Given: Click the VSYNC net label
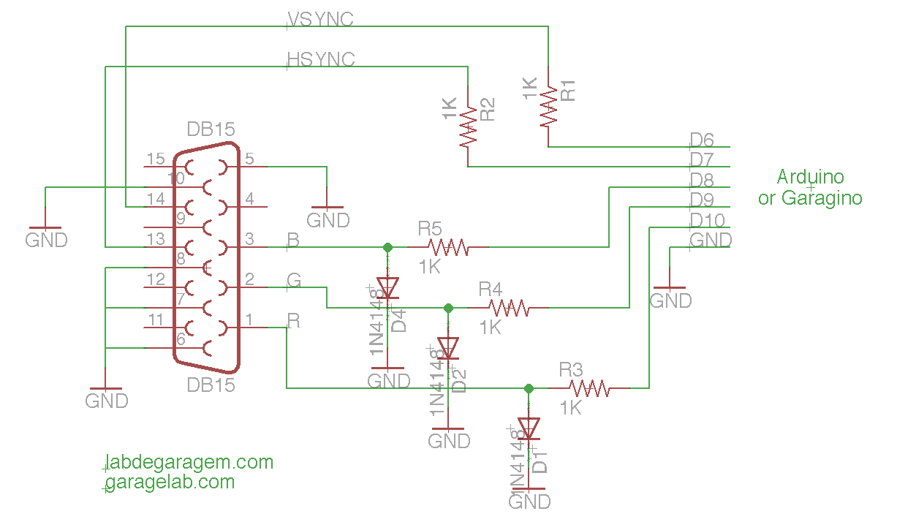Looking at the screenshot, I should (x=320, y=20).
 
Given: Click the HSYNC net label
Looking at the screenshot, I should (x=321, y=59).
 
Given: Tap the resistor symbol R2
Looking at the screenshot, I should (x=468, y=126).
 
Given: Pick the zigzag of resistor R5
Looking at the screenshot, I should (x=447, y=248).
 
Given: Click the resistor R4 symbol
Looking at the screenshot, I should (x=508, y=309).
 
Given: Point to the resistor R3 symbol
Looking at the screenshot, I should (x=589, y=388).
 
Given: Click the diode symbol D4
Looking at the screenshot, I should (x=387, y=287).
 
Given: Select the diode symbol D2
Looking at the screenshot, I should (x=448, y=347).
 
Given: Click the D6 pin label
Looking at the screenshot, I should (x=701, y=140).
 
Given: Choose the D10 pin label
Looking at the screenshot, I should (x=706, y=220).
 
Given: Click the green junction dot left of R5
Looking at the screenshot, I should (x=387, y=248).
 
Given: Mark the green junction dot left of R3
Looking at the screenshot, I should (x=529, y=388).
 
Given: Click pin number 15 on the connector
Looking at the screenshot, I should (x=156, y=159).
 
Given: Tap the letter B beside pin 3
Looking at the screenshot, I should (x=292, y=239).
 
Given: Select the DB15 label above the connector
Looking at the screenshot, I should (x=211, y=129).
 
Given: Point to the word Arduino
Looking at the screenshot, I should (x=810, y=177).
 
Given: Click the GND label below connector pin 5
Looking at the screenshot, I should (x=328, y=220).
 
